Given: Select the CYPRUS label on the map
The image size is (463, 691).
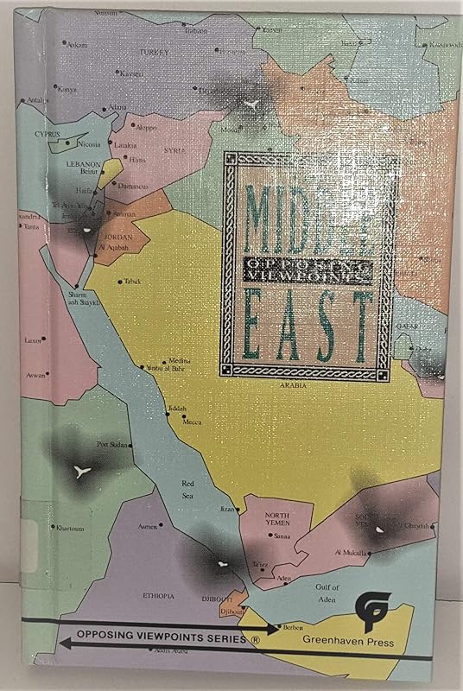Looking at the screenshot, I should click(48, 135).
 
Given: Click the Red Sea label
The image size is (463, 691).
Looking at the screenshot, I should click(190, 490).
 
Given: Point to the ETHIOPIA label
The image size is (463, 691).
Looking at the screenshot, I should click(159, 596).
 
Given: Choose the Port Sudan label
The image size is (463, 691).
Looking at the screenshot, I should click(113, 445).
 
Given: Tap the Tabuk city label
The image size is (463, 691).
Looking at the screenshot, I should click(132, 281).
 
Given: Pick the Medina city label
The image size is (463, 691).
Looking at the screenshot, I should click(204, 362).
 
